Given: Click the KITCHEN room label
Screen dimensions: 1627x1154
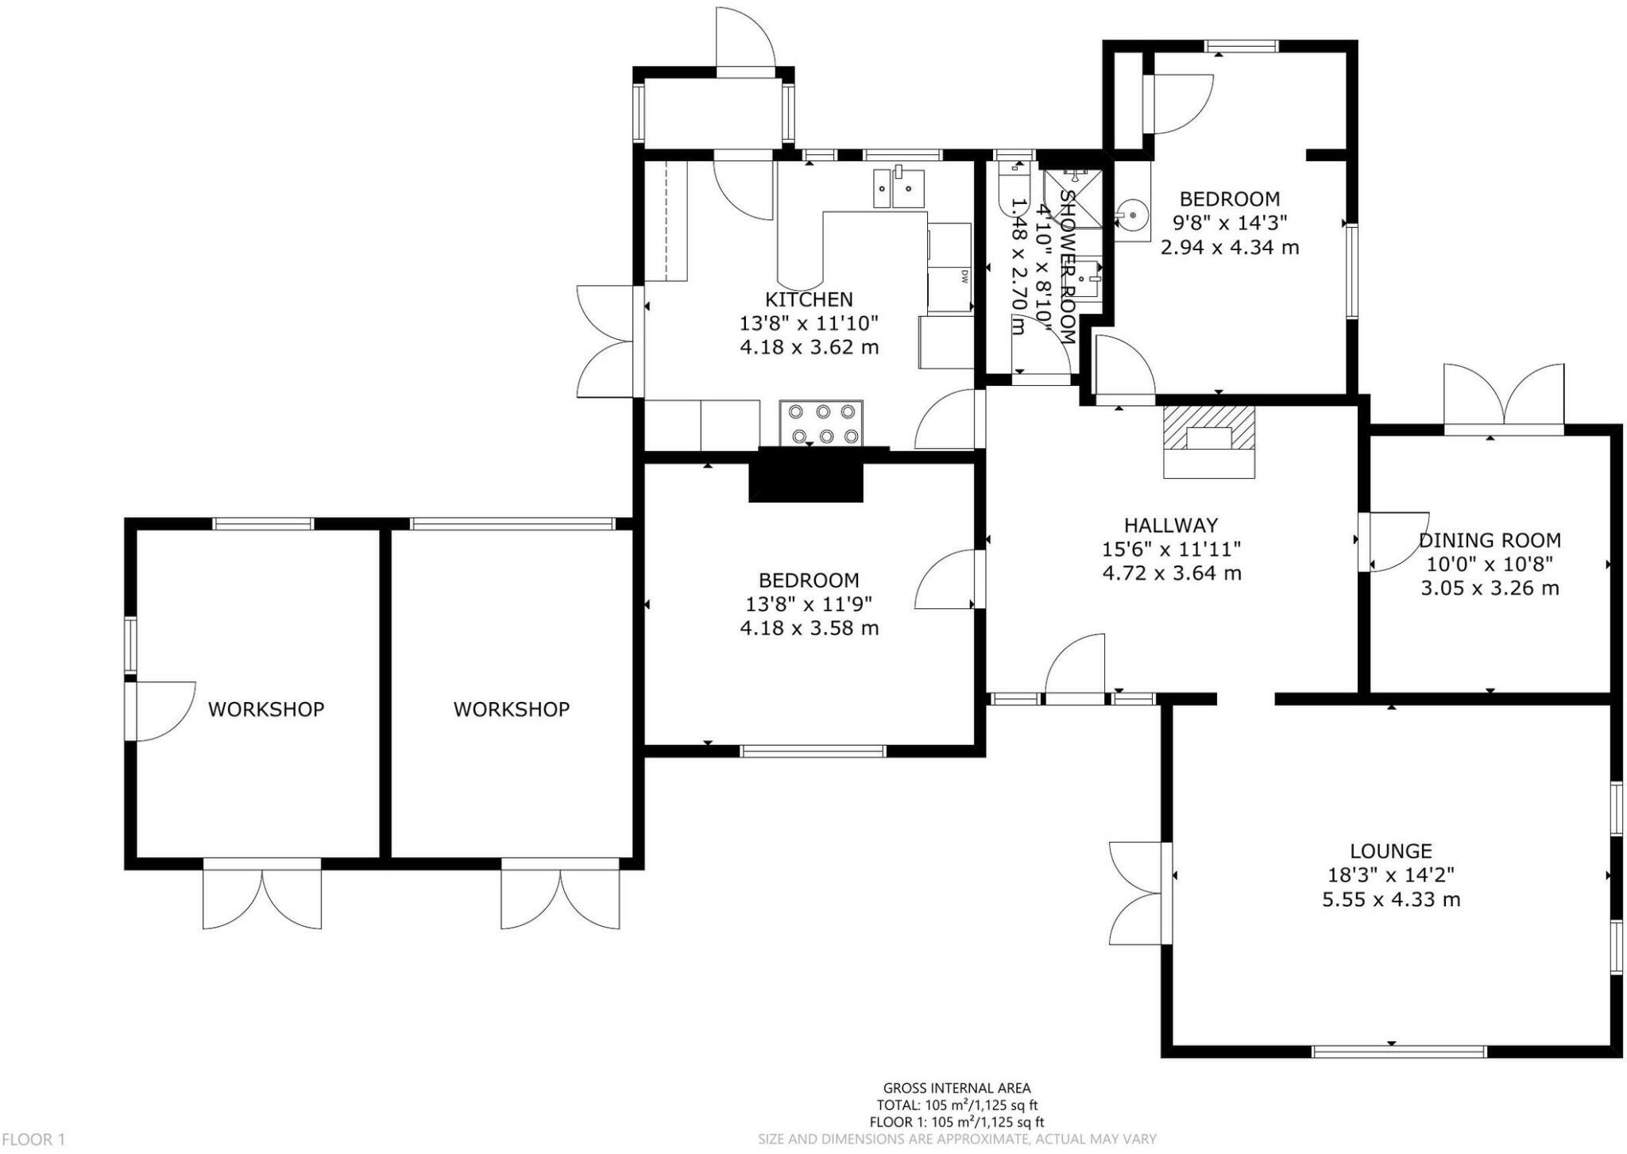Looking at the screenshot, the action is tap(809, 299).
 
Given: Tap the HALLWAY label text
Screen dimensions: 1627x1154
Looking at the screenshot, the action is tap(1171, 525).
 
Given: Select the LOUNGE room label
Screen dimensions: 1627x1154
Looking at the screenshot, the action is tap(1391, 851).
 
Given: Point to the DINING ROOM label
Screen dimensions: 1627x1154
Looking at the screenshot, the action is tap(1490, 540).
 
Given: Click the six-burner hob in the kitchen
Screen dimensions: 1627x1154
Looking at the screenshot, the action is tap(821, 423).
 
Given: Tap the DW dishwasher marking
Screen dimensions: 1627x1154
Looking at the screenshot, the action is tap(964, 276).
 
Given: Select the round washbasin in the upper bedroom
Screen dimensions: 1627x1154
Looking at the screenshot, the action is tap(1130, 214).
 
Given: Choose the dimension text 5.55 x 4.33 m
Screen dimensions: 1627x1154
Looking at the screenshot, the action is tap(1391, 900).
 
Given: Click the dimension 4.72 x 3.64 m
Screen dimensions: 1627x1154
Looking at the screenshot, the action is tap(1172, 573).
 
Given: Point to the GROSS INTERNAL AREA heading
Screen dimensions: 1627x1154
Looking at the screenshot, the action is tap(957, 1088).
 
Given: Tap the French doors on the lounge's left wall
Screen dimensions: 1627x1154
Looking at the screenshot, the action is tap(1140, 893).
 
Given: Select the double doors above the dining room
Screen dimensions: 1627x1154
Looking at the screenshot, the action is tap(1504, 397).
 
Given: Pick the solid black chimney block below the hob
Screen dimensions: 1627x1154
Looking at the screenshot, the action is tap(806, 475).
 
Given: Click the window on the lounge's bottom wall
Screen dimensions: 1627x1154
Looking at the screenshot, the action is tap(1399, 1052).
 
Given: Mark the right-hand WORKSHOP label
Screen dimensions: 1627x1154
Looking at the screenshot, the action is tap(512, 709).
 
